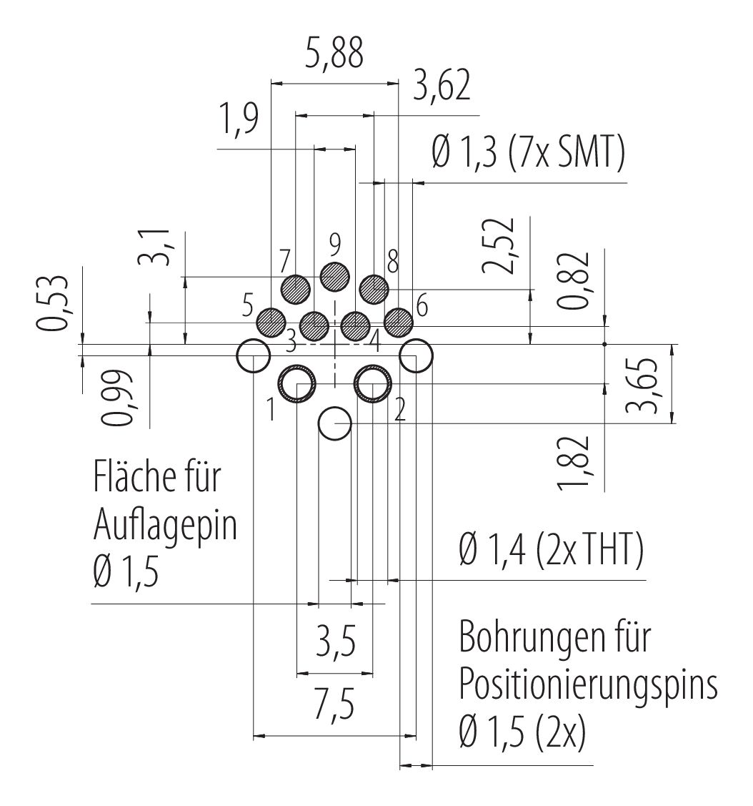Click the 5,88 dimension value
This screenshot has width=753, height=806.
tap(334, 54)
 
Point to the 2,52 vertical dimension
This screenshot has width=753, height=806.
tap(498, 245)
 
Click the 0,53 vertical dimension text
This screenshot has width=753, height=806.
tap(54, 303)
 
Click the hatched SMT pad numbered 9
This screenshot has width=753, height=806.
tap(334, 276)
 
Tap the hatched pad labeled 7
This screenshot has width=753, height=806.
tap(296, 289)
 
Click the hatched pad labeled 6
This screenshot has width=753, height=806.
tap(398, 321)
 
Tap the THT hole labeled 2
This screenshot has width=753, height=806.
tap(372, 384)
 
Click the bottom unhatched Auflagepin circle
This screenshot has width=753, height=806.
tap(334, 424)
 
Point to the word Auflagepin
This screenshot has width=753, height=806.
tap(165, 526)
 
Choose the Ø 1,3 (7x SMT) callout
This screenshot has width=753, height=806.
tap(529, 154)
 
